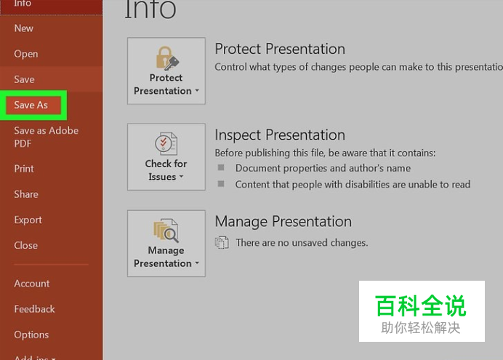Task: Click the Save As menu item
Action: [31, 105]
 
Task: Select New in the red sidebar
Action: [24, 28]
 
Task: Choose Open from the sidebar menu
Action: [26, 54]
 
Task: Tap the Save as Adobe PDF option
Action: [47, 137]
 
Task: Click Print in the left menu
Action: [24, 169]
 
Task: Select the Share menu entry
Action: [26, 194]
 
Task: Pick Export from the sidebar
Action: [28, 220]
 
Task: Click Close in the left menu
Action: [25, 246]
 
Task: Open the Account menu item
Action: [32, 284]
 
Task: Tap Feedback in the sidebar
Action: [34, 309]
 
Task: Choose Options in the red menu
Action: [31, 335]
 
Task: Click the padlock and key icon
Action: [167, 58]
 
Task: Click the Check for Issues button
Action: [166, 157]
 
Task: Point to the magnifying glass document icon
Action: [166, 231]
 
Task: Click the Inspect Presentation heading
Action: [280, 135]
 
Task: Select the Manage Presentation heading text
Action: [283, 221]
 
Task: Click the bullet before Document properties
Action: [221, 167]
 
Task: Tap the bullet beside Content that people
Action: [221, 184]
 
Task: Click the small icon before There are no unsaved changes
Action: [222, 242]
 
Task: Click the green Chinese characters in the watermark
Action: [421, 305]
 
